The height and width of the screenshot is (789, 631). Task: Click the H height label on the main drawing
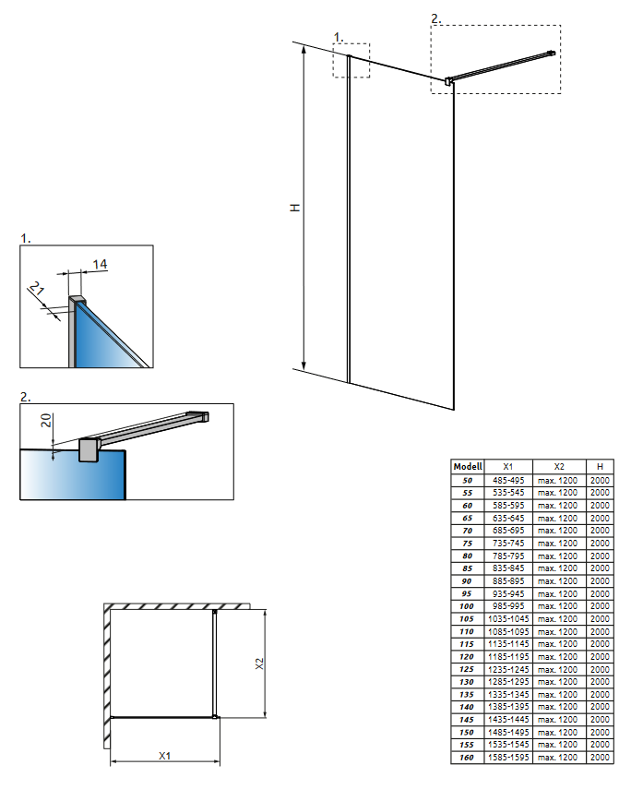(294, 208)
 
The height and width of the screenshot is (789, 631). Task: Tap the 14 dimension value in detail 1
(100, 265)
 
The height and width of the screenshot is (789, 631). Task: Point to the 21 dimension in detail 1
(38, 292)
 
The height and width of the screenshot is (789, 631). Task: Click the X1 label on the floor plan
(164, 755)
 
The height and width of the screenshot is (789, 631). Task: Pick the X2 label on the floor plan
(259, 663)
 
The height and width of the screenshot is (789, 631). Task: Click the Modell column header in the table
(468, 467)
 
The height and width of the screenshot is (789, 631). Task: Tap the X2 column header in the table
(558, 467)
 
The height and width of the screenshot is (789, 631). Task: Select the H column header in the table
(600, 467)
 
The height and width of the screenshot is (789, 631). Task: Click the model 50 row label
(468, 480)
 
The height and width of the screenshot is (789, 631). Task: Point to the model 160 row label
(468, 757)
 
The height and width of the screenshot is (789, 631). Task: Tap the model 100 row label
(468, 606)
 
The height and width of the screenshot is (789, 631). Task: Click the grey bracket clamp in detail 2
(89, 449)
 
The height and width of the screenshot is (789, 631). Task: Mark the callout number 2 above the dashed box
(436, 18)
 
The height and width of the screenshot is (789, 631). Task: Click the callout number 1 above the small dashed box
(338, 37)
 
